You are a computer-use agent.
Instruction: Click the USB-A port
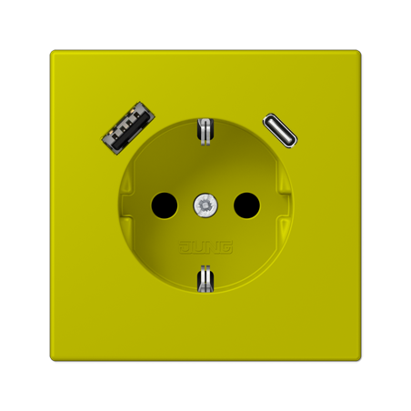(128, 128)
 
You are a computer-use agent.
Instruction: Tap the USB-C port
(280, 131)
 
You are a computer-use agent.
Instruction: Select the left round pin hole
(165, 205)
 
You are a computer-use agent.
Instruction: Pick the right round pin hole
(246, 205)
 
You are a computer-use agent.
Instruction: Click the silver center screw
(205, 205)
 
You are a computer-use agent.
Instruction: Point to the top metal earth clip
(205, 132)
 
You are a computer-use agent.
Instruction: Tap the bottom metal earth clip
(205, 279)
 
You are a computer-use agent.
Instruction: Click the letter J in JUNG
(185, 247)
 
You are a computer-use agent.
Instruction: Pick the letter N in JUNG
(212, 247)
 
